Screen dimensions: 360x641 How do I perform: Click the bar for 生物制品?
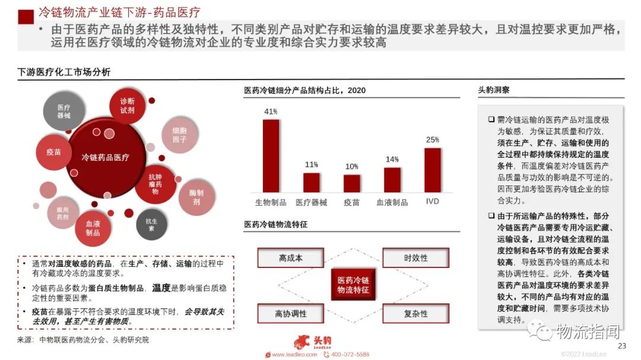click(271, 155)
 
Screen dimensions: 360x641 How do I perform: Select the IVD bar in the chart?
click(433, 170)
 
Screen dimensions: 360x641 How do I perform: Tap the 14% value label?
click(392, 160)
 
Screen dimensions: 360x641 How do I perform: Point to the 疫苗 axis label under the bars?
click(351, 202)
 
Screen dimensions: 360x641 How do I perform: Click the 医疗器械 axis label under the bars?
click(312, 202)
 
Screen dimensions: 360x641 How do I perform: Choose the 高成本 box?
click(291, 258)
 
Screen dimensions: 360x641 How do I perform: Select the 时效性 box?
click(415, 258)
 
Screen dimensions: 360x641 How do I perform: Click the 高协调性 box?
click(291, 314)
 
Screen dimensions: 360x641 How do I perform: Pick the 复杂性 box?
click(415, 314)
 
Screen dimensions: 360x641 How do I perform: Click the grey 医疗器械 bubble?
click(64, 111)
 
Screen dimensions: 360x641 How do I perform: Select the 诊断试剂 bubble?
click(128, 106)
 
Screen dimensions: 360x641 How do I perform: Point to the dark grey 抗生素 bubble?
click(151, 224)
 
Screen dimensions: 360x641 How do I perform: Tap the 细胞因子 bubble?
click(179, 135)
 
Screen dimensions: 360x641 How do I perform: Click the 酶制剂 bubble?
click(196, 197)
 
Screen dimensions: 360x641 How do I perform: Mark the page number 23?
click(622, 346)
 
